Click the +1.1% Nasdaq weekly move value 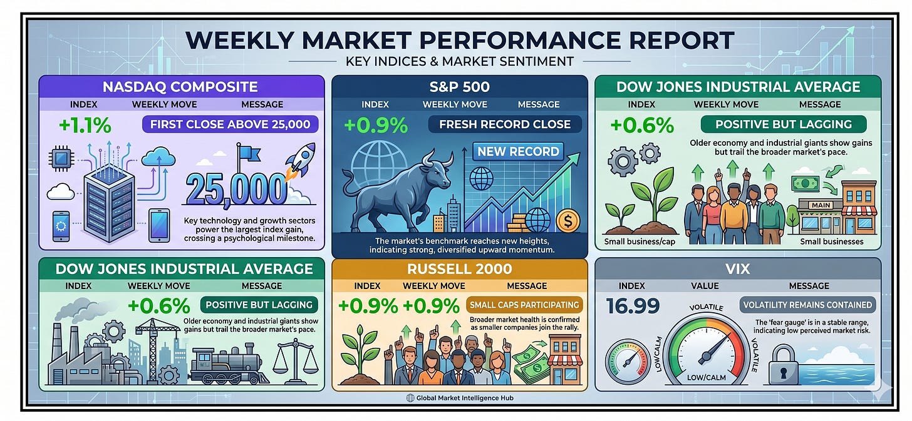coord(85,125)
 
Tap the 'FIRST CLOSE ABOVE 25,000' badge coord(230,124)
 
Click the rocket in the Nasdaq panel coord(301,160)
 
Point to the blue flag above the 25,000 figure coord(248,155)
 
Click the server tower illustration coord(109,203)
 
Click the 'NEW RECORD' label coord(518,152)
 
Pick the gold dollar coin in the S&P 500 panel coord(568,221)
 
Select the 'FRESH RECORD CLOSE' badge coord(505,124)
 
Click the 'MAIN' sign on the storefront coord(821,205)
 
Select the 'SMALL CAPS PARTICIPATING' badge coord(524,305)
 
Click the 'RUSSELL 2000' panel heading coord(460,269)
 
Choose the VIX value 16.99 coord(633,307)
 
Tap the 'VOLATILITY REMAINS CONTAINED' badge coord(807,305)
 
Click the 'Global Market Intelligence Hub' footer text coord(465,398)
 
